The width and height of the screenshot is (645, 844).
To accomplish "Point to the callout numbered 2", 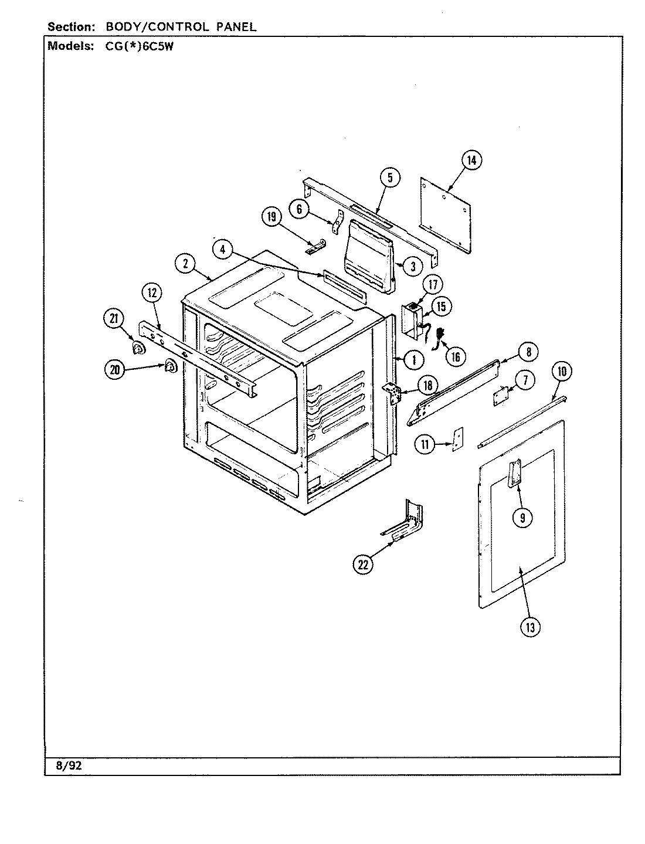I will tap(185, 264).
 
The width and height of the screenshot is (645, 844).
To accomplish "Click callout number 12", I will tap(152, 293).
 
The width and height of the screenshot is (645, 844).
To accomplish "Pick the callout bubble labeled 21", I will tap(113, 318).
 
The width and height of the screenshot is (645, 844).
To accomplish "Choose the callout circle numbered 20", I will tap(115, 369).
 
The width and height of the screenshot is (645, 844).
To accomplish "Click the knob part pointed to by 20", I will tap(169, 366).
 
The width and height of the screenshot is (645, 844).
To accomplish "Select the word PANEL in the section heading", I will tap(235, 27).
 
